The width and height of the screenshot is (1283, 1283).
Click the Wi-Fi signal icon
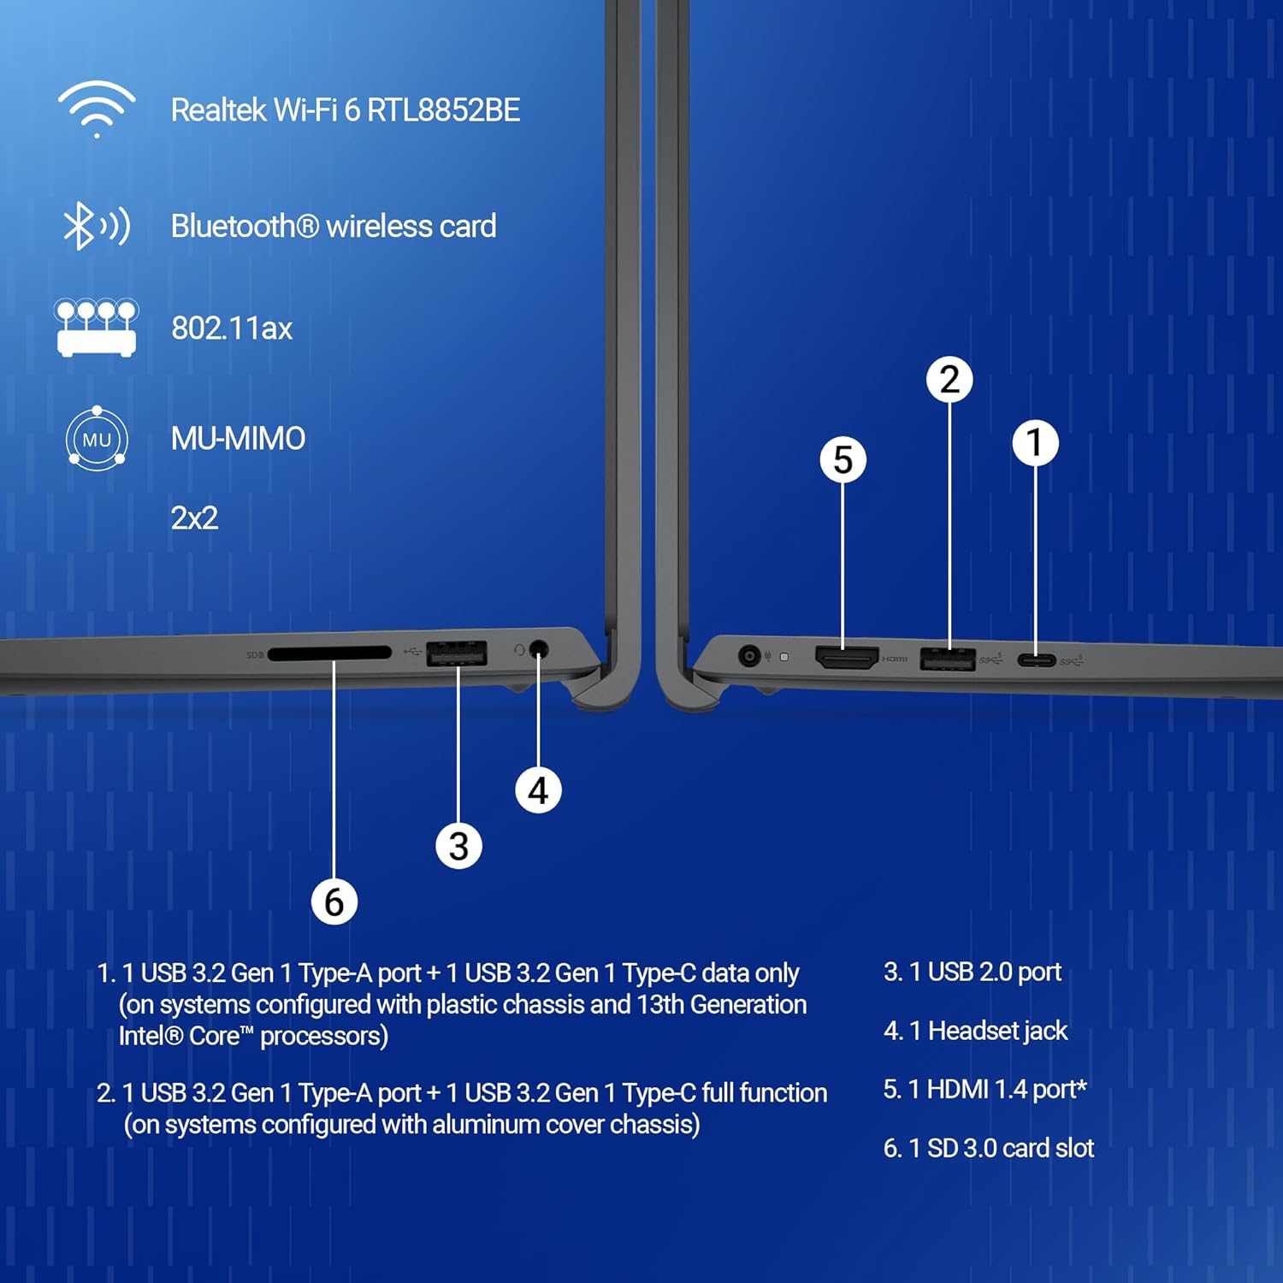pyautogui.click(x=97, y=109)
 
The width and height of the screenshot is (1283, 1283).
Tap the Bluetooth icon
pyautogui.click(x=96, y=226)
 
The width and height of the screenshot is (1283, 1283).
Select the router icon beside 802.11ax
pyautogui.click(x=97, y=328)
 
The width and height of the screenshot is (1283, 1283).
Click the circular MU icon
pyautogui.click(x=97, y=439)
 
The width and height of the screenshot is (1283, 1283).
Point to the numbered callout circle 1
pyautogui.click(x=1035, y=443)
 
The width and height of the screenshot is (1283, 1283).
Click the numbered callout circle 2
pyautogui.click(x=949, y=380)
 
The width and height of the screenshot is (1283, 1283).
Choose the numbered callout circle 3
pyautogui.click(x=458, y=847)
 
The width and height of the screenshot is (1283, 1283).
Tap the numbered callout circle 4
pyautogui.click(x=538, y=790)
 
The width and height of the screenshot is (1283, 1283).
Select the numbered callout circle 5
pyautogui.click(x=843, y=460)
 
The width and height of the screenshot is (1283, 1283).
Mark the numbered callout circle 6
pyautogui.click(x=334, y=902)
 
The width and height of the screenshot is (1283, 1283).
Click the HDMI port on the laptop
pyautogui.click(x=847, y=657)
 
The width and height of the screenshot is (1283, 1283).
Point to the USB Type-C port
pyautogui.click(x=1036, y=659)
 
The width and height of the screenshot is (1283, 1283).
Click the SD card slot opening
pyautogui.click(x=329, y=653)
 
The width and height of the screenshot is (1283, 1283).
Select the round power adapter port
pyautogui.click(x=749, y=656)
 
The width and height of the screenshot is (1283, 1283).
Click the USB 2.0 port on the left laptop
pyautogui.click(x=456, y=653)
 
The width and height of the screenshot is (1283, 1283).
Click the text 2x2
pyautogui.click(x=194, y=518)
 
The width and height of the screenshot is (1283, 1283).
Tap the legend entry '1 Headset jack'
pyautogui.click(x=975, y=1031)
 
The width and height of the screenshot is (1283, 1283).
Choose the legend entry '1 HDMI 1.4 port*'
pyautogui.click(x=984, y=1089)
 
